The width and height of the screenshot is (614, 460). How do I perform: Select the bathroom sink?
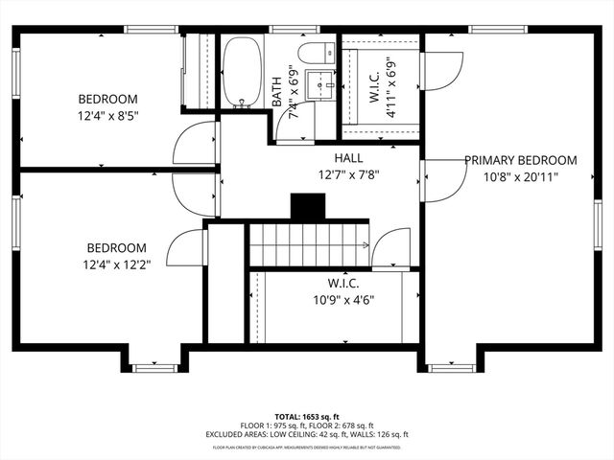(x=318, y=80)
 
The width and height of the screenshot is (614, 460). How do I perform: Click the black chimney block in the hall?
(x=308, y=207)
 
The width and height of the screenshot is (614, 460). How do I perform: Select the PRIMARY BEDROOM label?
(x=521, y=160)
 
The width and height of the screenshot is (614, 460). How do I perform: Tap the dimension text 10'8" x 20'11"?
(x=521, y=176)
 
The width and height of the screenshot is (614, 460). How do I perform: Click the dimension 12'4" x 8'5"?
(x=107, y=116)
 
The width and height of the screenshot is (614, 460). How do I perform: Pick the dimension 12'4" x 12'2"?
(x=116, y=264)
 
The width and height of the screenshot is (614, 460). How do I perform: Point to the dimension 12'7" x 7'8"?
(x=348, y=174)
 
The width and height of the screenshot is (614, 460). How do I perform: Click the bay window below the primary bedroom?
(x=451, y=366)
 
